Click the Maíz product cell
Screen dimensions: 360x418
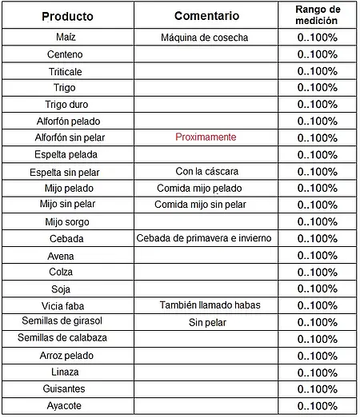[x=66, y=38]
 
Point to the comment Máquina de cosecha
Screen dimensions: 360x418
[x=205, y=38]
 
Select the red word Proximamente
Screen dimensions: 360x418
[x=206, y=137]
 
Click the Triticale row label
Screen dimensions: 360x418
[x=66, y=71]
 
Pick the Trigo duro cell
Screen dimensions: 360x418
[x=66, y=105]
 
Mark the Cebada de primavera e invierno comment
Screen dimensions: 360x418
[x=205, y=238]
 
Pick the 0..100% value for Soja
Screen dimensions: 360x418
[x=317, y=289]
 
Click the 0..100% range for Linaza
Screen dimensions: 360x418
[x=317, y=372]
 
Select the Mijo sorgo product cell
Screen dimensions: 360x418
[x=67, y=221]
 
